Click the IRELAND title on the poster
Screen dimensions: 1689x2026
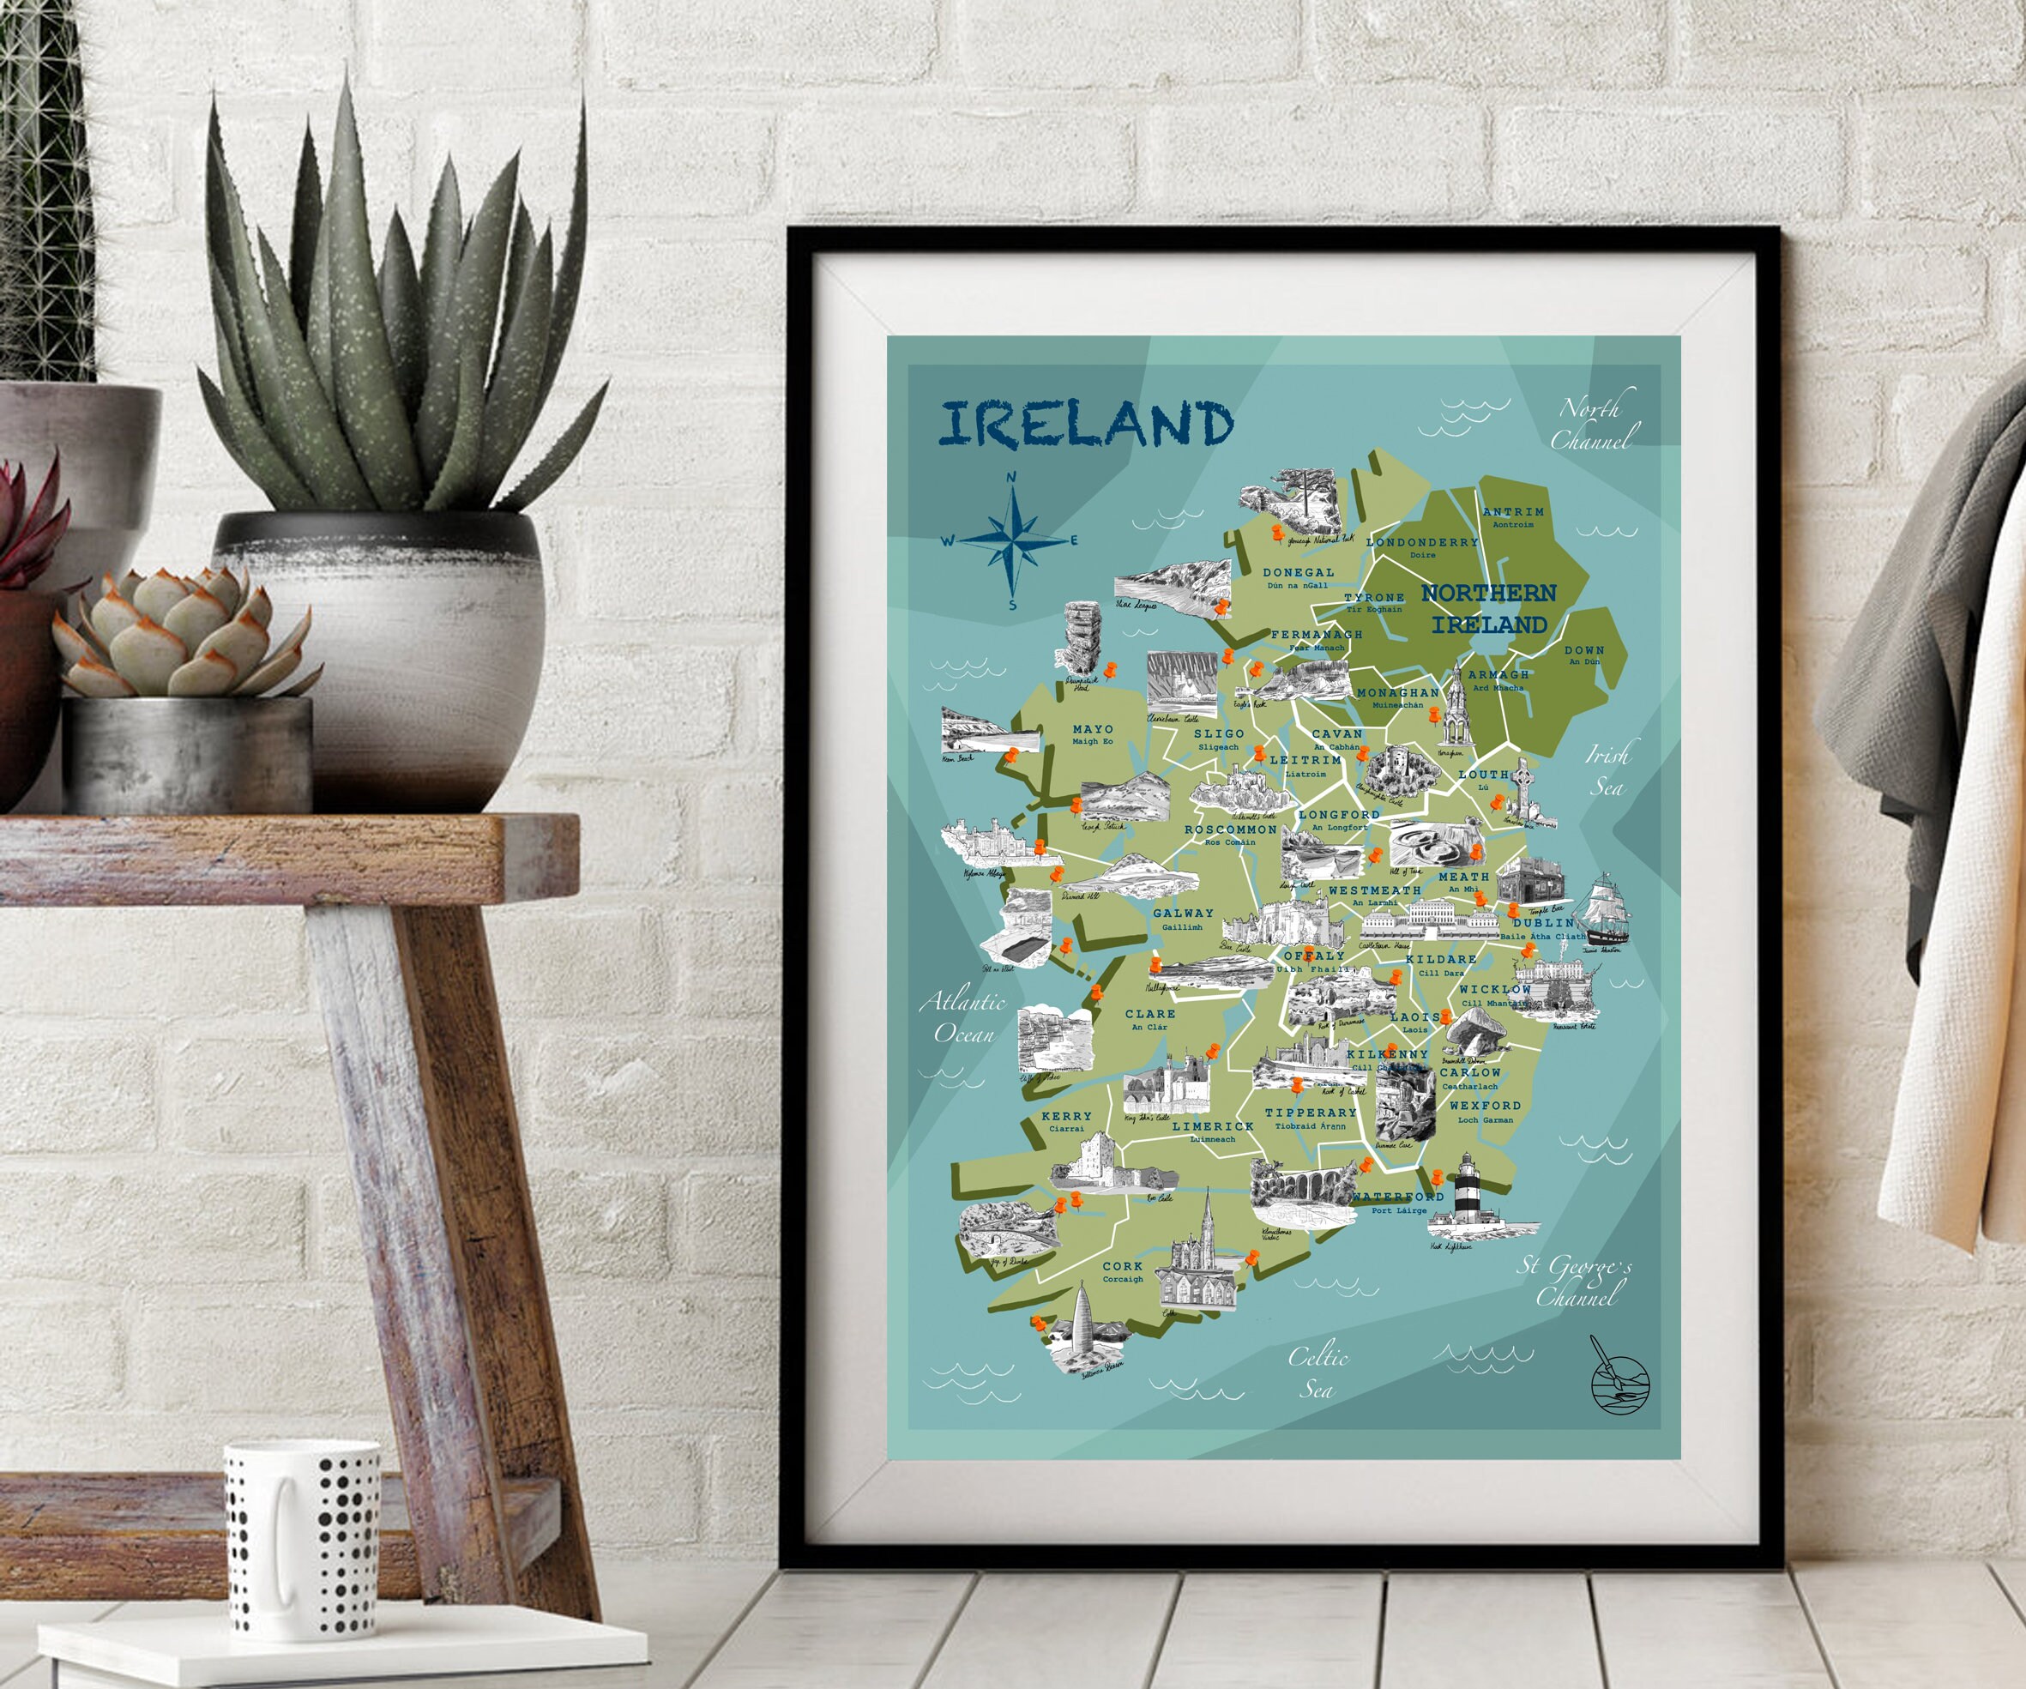1086,425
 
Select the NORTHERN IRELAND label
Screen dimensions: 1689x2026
1489,609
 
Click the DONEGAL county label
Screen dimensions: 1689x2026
1299,573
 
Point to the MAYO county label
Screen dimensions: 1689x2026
1092,730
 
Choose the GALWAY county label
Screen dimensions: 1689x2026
1183,914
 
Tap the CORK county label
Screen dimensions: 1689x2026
1122,1266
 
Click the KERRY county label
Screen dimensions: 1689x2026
1066,1116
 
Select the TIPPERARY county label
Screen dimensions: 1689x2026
1310,1113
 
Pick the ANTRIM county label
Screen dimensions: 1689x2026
1513,512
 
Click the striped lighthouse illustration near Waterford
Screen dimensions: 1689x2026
1468,1195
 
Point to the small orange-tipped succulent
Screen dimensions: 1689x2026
184,636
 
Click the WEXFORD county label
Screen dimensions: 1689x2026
1485,1107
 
